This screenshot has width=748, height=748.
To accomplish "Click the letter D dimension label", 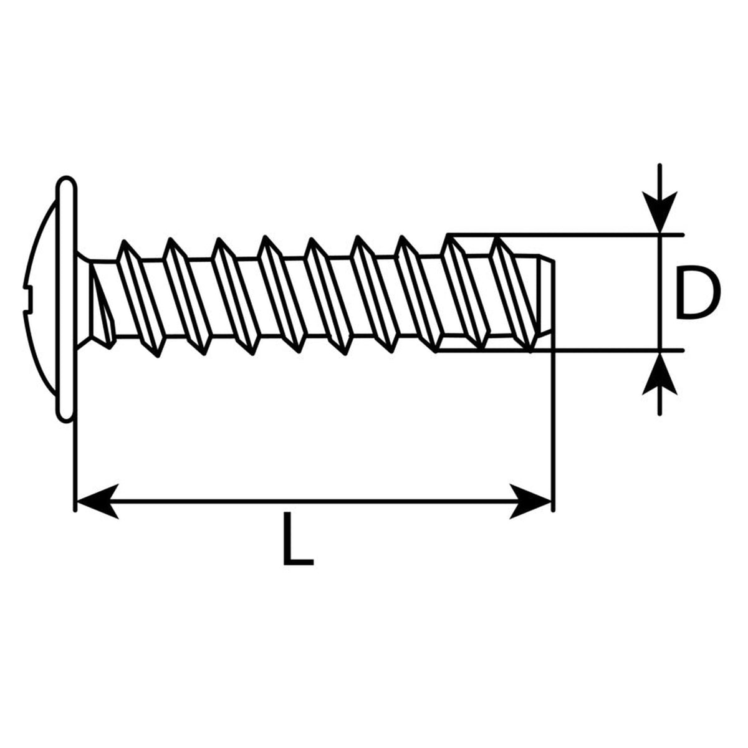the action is (x=696, y=292).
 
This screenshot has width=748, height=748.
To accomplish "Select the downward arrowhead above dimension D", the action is (x=659, y=212).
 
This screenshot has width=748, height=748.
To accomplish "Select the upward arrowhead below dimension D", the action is (x=659, y=373).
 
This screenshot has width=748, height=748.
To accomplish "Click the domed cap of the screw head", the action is (x=41, y=299).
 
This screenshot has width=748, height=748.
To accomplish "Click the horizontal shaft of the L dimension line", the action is (x=314, y=501).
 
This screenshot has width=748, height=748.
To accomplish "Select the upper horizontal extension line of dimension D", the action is (x=565, y=234).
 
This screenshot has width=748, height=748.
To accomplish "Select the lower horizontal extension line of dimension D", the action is (x=559, y=351).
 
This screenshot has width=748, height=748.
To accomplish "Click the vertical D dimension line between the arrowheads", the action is (x=659, y=293).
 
